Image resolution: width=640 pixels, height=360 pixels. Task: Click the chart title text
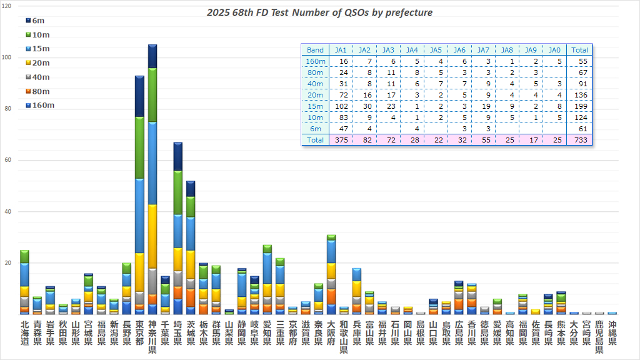point(319,12)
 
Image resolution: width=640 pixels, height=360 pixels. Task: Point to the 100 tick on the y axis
point(6,57)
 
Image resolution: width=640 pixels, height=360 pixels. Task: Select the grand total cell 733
point(580,140)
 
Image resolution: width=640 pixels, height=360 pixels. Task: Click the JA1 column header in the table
point(341,50)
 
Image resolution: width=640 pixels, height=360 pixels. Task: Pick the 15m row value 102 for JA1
point(341,106)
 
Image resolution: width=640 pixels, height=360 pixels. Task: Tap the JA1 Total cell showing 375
point(341,140)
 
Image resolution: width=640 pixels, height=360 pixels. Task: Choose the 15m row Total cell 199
point(580,106)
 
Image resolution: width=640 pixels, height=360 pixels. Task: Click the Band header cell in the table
point(315,50)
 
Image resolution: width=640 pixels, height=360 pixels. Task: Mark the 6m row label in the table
point(315,129)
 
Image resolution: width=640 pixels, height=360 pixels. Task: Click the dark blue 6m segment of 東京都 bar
point(139,96)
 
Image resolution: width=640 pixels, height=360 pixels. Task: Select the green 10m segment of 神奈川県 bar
point(152,94)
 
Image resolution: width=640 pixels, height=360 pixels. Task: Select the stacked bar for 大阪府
point(331,275)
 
